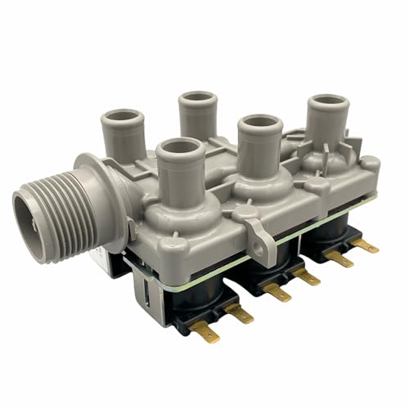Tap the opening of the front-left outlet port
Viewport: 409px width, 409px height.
pyautogui.click(x=180, y=148)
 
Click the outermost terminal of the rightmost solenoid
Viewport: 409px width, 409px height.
pyautogui.click(x=367, y=245)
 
